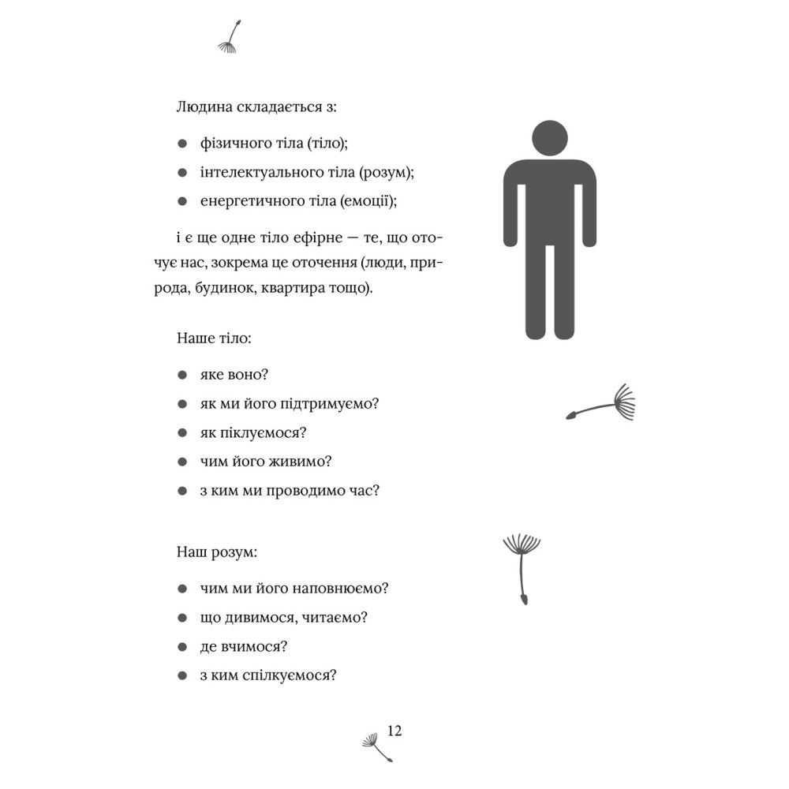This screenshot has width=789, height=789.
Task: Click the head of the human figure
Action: (550, 137)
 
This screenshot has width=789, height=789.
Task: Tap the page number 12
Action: (394, 731)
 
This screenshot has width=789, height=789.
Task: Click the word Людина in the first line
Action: (204, 109)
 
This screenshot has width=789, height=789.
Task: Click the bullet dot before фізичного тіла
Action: (183, 144)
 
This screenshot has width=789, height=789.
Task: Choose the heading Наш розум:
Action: (217, 552)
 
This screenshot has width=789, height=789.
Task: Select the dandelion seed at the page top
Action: (230, 39)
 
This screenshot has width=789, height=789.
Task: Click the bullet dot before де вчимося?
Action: (183, 647)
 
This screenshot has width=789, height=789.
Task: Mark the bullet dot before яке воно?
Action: (183, 376)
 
